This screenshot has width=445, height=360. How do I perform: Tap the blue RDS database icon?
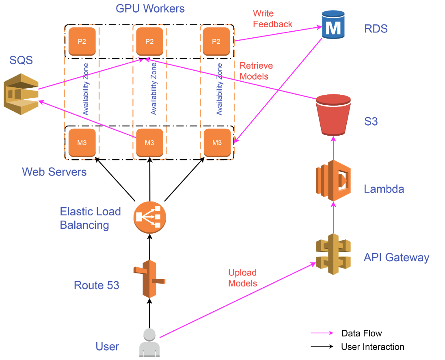click(x=333, y=25)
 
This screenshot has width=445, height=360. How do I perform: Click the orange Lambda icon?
click(x=333, y=180)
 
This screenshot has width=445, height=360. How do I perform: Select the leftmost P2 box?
click(x=82, y=41)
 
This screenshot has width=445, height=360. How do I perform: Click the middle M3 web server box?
click(x=149, y=142)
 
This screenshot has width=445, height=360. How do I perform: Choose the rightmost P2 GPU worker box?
click(x=216, y=41)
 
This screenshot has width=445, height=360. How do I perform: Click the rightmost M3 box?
click(x=217, y=142)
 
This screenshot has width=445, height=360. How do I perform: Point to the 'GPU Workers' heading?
click(x=150, y=9)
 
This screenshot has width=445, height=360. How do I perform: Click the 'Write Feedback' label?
click(x=272, y=19)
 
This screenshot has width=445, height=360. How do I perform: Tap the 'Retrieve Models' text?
click(x=256, y=71)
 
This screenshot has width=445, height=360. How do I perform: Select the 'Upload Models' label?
click(x=242, y=278)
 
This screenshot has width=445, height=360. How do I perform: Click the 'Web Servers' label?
click(x=54, y=172)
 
